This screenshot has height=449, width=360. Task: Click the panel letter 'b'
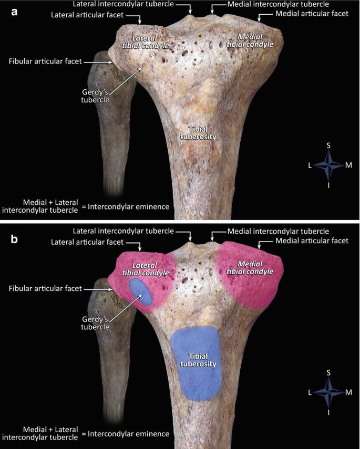15,239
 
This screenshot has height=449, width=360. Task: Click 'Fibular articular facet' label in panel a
45,61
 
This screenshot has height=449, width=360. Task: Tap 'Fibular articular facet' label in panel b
45,288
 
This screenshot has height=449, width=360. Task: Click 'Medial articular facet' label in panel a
311,14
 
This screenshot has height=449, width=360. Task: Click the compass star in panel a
329,165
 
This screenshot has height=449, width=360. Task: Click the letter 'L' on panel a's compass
310,165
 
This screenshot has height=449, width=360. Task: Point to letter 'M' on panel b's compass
348,392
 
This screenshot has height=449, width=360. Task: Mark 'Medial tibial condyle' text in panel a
250,40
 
